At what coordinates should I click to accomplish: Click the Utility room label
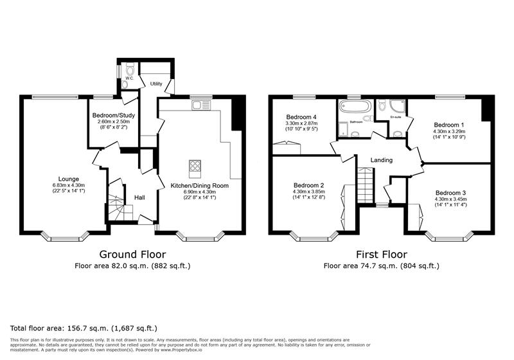(156, 84)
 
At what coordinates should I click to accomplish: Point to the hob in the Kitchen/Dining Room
(195, 168)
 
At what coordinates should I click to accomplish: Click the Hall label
(139, 197)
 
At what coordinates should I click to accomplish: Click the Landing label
(381, 160)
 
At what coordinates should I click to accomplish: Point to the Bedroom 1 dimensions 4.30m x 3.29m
(449, 132)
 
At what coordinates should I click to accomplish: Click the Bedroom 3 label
(449, 193)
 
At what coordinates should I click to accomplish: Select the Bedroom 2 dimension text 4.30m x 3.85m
(308, 192)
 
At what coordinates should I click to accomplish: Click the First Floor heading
(382, 254)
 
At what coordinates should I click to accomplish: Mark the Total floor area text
(84, 327)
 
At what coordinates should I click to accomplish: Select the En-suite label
(396, 117)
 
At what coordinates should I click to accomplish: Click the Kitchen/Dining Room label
(199, 186)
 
